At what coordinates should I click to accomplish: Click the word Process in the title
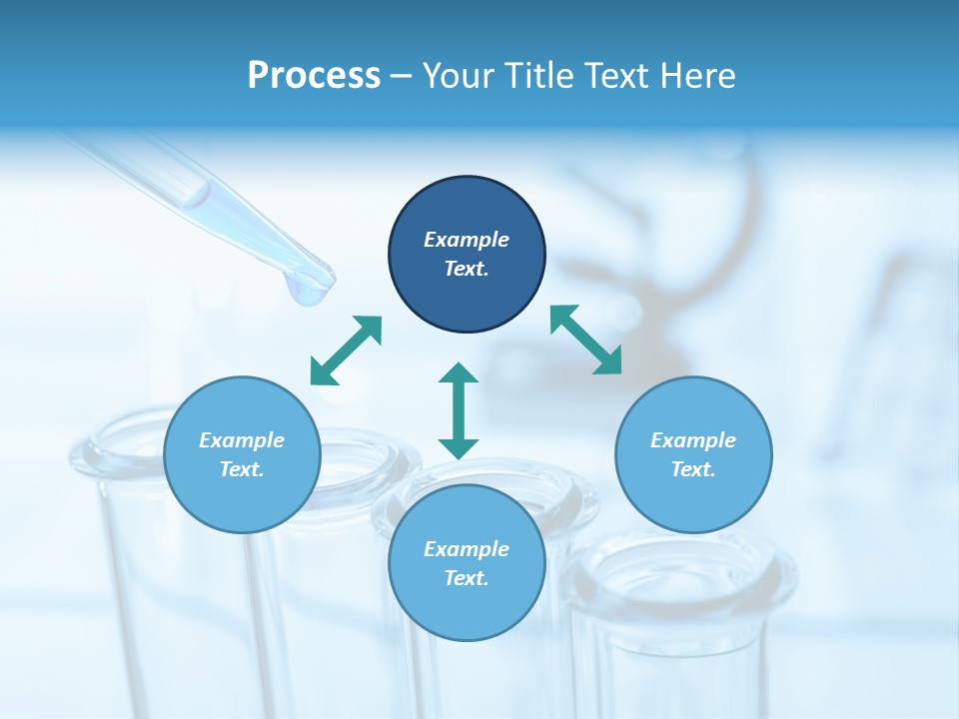(x=314, y=76)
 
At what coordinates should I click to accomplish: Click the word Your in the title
(x=456, y=76)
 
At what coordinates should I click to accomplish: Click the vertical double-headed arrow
(x=459, y=410)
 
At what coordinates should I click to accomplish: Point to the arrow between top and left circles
(x=346, y=351)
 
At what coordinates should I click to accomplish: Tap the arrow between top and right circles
(x=586, y=340)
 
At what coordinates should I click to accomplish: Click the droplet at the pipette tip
(x=309, y=290)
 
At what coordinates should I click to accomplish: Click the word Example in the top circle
(x=467, y=240)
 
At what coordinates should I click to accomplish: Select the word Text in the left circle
(x=242, y=469)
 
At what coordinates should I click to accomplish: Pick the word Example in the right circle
(x=693, y=440)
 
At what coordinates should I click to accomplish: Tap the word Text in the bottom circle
(x=467, y=578)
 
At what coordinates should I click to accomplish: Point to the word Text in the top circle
(x=467, y=269)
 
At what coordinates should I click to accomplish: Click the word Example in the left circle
(x=242, y=440)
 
